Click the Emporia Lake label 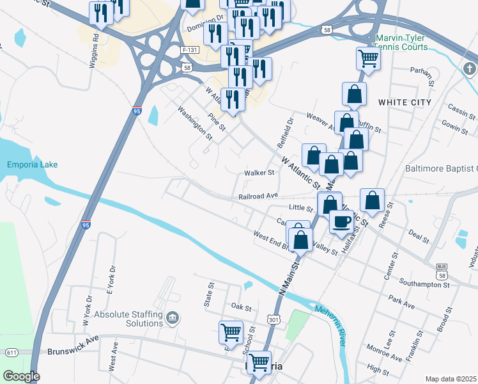tap(32, 164)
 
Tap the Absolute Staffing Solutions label tap(128, 319)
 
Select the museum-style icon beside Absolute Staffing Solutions tap(172, 318)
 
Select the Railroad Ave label tap(258, 196)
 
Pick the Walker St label tap(259, 172)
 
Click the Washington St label tap(194, 122)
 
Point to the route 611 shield tap(12, 353)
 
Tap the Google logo tap(21, 376)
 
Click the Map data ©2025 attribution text tap(451, 379)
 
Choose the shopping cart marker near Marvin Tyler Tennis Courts tap(369, 58)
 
